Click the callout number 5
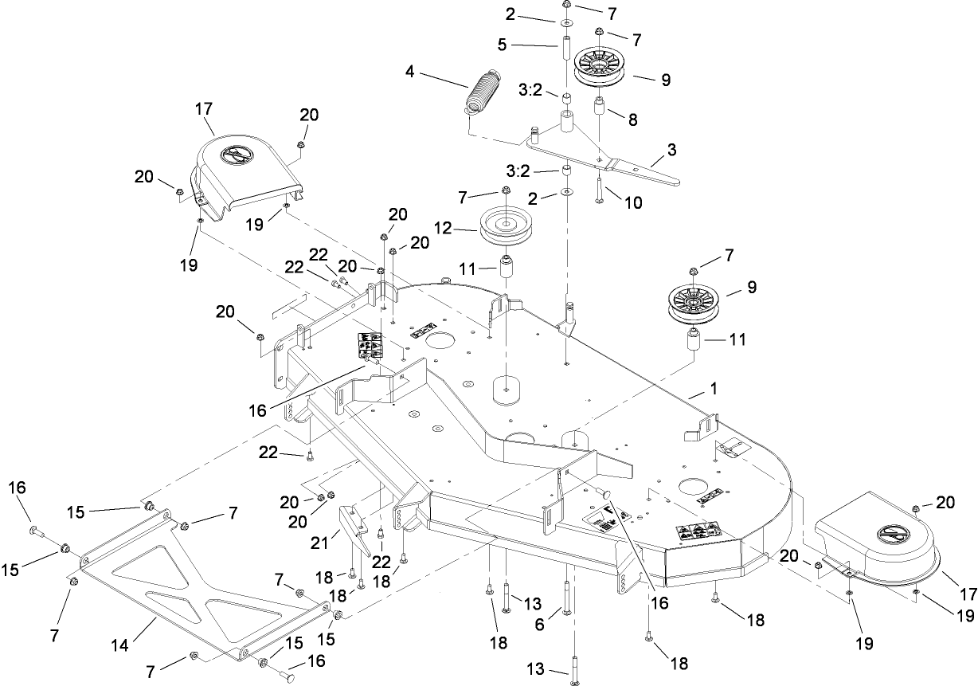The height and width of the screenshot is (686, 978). point(503,46)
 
